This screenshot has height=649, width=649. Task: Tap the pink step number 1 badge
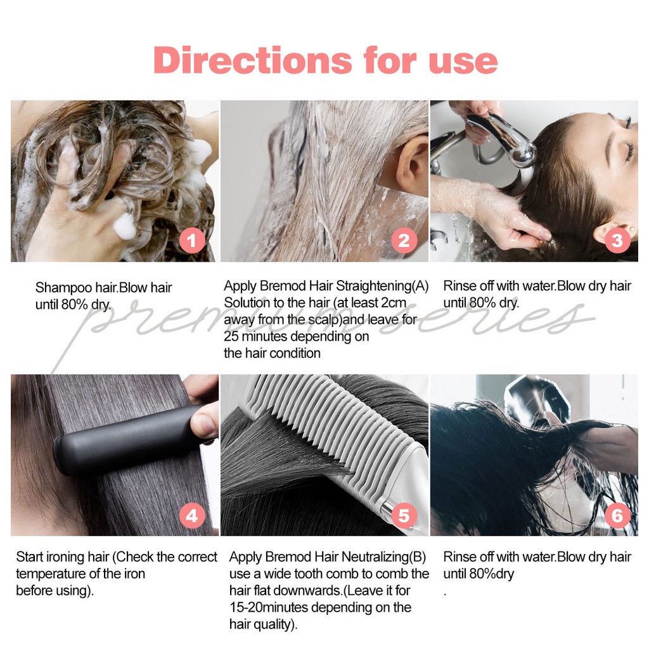193,241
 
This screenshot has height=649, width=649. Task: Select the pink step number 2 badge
404,241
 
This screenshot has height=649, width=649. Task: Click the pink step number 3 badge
617,241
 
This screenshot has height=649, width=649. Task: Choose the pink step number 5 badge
404,516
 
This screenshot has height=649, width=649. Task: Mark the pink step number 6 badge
617,516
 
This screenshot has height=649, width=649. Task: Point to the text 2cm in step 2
393,303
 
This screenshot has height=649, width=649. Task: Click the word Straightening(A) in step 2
382,286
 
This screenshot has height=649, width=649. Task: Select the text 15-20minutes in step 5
269,608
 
